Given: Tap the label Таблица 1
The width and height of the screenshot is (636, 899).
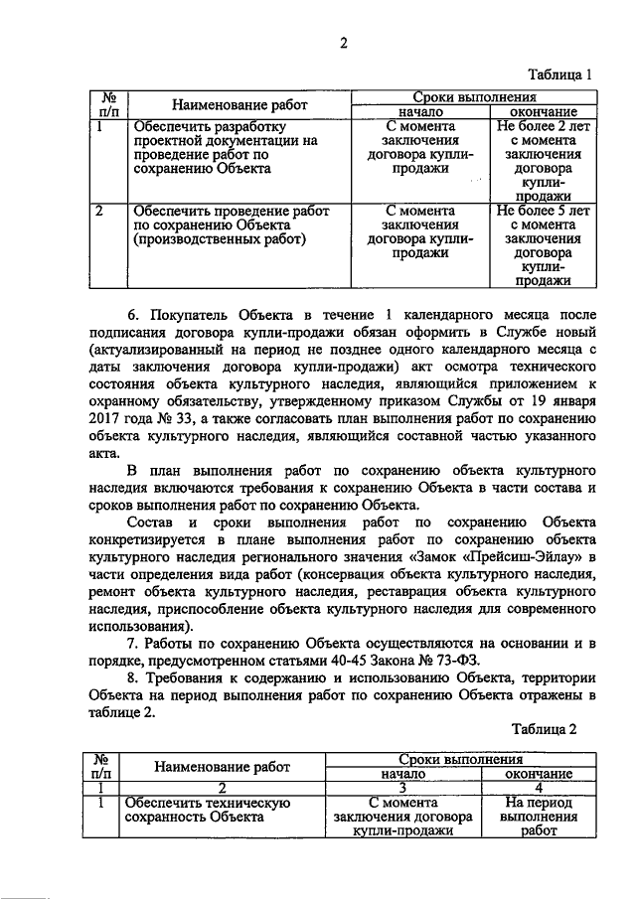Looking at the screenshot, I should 559,74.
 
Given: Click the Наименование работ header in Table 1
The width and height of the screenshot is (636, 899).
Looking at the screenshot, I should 238,104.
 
